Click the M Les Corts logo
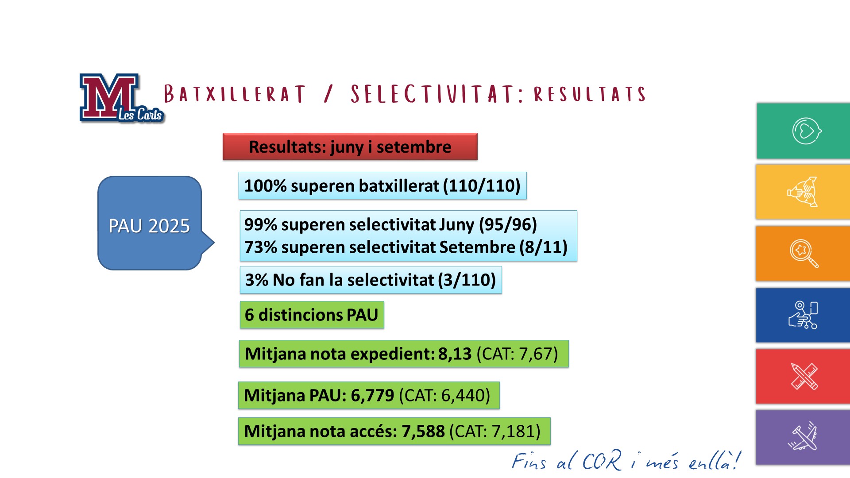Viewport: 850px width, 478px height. click(x=122, y=98)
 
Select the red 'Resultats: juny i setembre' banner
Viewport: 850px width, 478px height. click(x=350, y=146)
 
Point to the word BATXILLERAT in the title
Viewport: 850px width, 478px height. click(x=235, y=94)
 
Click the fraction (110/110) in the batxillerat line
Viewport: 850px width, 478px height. click(x=482, y=186)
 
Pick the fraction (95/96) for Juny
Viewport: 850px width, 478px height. click(x=508, y=225)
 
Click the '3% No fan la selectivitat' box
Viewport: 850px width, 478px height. click(x=371, y=280)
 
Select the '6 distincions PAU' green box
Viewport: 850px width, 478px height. click(x=312, y=315)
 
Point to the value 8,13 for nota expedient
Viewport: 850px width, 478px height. click(x=455, y=354)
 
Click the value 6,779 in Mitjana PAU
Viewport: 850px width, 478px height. click(x=372, y=395)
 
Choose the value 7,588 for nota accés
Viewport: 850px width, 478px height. click(x=423, y=432)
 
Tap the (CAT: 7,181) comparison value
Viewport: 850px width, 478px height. click(x=495, y=432)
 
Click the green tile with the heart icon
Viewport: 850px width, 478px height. click(x=803, y=131)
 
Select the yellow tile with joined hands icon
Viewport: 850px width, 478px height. click(x=803, y=192)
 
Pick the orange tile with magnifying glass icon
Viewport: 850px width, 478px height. click(x=803, y=254)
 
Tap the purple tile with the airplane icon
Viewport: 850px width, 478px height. click(x=803, y=437)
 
